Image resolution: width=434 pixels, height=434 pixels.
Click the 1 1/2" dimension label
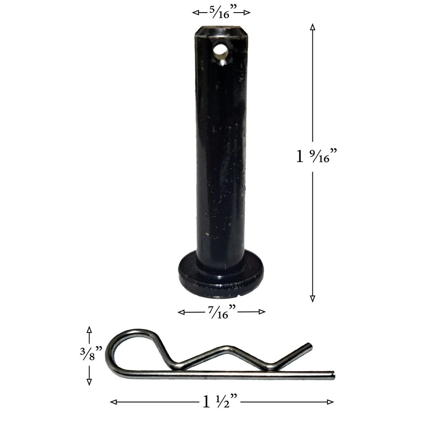pyautogui.click(x=220, y=402)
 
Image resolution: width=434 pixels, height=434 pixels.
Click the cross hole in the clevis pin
pyautogui.click(x=220, y=51)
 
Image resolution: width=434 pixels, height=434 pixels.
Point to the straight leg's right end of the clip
pyautogui.click(x=332, y=375)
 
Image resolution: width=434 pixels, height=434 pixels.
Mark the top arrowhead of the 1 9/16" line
pyautogui.click(x=312, y=26)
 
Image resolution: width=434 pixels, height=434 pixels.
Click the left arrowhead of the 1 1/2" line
pyautogui.click(x=113, y=402)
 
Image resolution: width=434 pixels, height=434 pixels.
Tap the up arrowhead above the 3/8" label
pyautogui.click(x=89, y=329)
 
